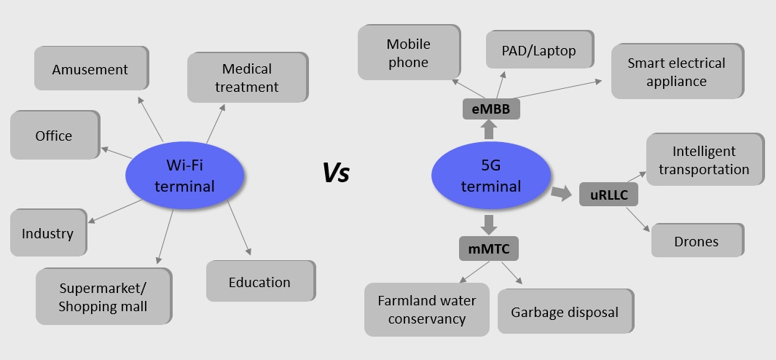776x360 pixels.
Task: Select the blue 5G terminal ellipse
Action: click(x=491, y=176)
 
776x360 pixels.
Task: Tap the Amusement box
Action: click(x=90, y=69)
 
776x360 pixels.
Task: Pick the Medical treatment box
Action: click(x=247, y=78)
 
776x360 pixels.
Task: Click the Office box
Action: click(x=54, y=136)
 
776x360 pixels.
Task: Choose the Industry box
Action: click(x=48, y=233)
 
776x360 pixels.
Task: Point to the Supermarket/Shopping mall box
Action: click(x=103, y=296)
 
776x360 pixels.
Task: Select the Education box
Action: click(x=259, y=281)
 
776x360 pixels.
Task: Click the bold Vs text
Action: click(x=336, y=173)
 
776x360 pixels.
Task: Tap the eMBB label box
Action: click(x=490, y=109)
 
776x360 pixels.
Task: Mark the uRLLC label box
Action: click(x=608, y=195)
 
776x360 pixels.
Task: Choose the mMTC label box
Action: click(x=489, y=249)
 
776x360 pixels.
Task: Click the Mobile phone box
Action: click(x=408, y=53)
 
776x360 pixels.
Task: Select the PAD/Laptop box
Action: click(x=538, y=50)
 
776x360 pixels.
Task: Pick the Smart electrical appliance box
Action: click(x=676, y=71)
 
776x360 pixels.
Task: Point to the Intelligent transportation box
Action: click(x=704, y=160)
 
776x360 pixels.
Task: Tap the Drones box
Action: click(x=697, y=240)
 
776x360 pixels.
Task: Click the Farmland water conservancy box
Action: click(x=426, y=309)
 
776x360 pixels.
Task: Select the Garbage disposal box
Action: click(x=565, y=312)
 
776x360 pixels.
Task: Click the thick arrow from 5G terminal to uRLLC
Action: click(x=562, y=192)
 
